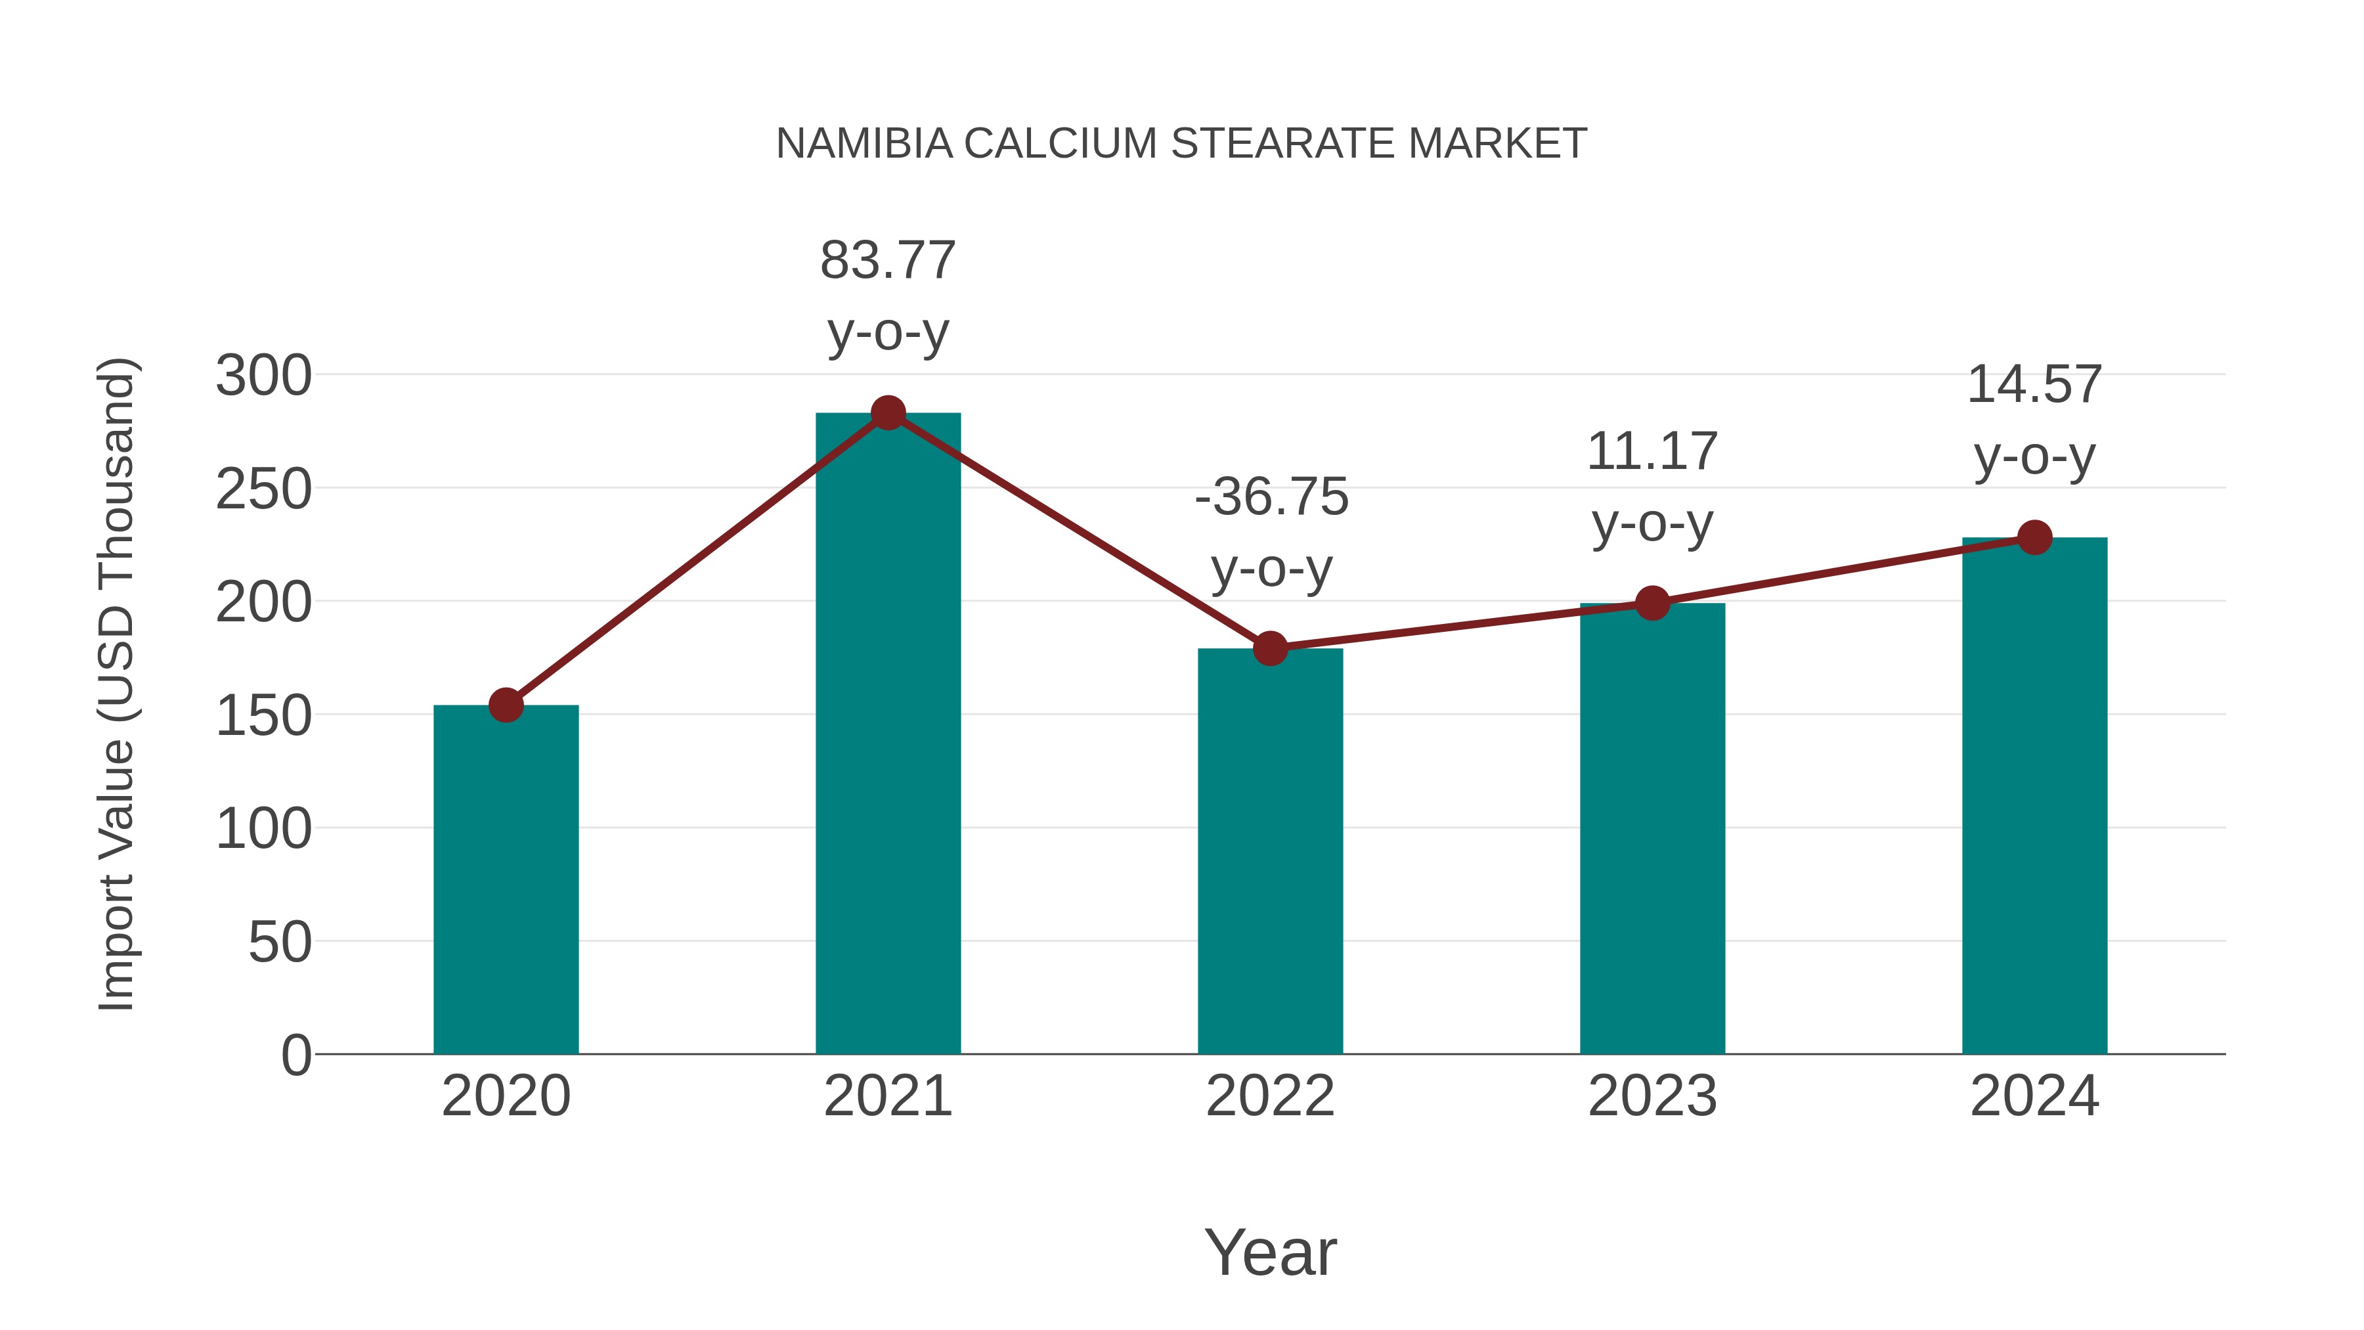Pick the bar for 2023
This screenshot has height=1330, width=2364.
pyautogui.click(x=1652, y=827)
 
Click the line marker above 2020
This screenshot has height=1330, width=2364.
pyautogui.click(x=506, y=705)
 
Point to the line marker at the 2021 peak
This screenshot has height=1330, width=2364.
pyautogui.click(x=887, y=413)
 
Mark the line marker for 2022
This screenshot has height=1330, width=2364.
pyautogui.click(x=1270, y=648)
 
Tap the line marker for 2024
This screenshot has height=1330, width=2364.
pyautogui.click(x=2034, y=537)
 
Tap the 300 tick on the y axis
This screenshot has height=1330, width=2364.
pyautogui.click(x=263, y=376)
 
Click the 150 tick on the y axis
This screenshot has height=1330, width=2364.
pyautogui.click(x=263, y=715)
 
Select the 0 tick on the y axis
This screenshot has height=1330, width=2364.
pyautogui.click(x=295, y=1055)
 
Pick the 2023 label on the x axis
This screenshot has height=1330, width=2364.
pyautogui.click(x=1652, y=1096)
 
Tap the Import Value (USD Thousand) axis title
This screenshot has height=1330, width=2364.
pyautogui.click(x=116, y=684)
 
